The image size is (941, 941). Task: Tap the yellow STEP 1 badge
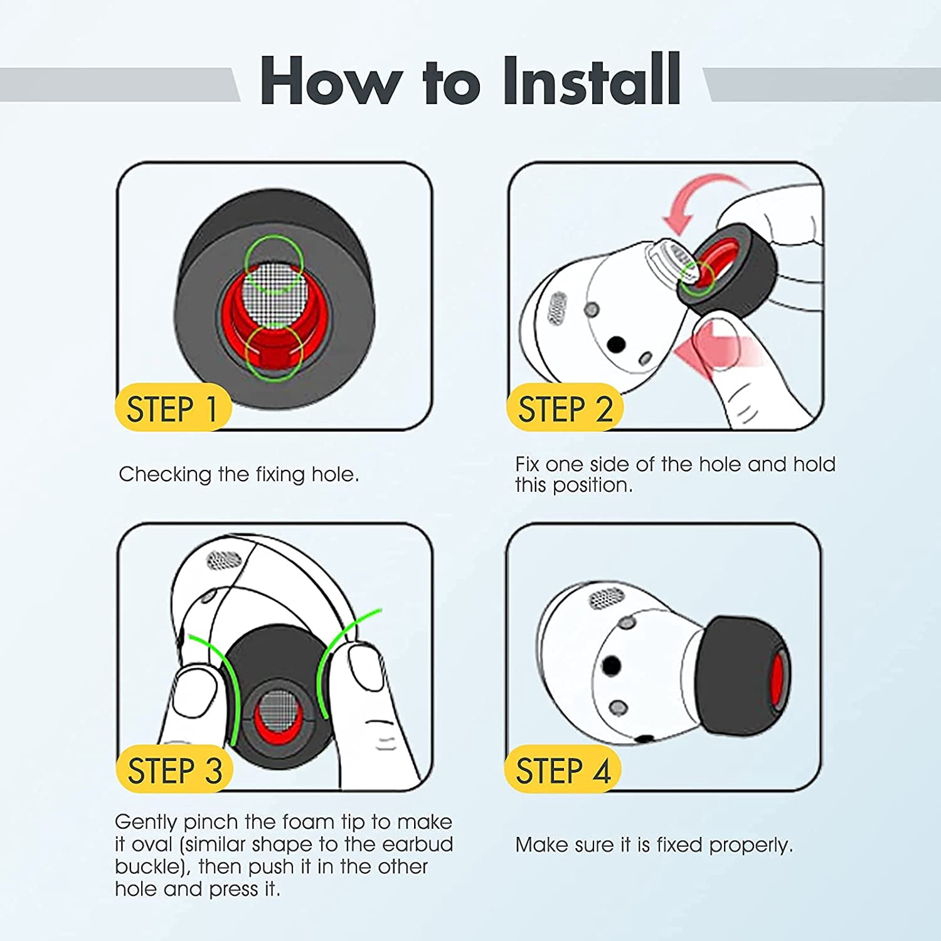(x=173, y=408)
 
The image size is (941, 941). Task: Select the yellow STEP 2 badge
(x=564, y=408)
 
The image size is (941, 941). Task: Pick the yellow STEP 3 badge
(x=174, y=769)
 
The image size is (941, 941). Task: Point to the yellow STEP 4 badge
(x=563, y=769)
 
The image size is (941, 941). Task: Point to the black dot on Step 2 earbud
(x=617, y=344)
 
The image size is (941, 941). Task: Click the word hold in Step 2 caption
(x=814, y=464)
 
